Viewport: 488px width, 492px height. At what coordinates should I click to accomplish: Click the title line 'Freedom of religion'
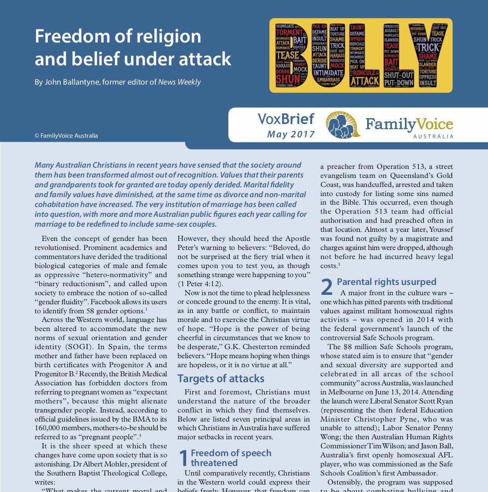[x=118, y=37]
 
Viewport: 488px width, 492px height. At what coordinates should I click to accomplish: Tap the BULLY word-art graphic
[x=360, y=55]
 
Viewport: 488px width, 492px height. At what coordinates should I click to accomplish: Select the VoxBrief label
[x=286, y=119]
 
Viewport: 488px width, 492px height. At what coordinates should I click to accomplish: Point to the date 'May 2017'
[x=291, y=134]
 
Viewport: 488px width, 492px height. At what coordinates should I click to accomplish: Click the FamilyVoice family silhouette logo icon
[x=343, y=125]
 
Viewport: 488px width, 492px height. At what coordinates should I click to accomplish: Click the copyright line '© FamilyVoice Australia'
[x=66, y=136]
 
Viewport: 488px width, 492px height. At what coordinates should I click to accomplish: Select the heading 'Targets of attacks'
[x=221, y=379]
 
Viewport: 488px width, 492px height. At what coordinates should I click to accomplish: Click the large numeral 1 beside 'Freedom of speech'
[x=183, y=458]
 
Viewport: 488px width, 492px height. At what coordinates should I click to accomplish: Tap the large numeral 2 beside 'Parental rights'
[x=327, y=287]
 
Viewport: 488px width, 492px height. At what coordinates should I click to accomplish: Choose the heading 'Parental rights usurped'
[x=386, y=282]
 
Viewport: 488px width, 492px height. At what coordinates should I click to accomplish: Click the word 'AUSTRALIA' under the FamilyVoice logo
[x=433, y=137]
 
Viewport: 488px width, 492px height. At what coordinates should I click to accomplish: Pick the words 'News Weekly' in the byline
[x=179, y=82]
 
